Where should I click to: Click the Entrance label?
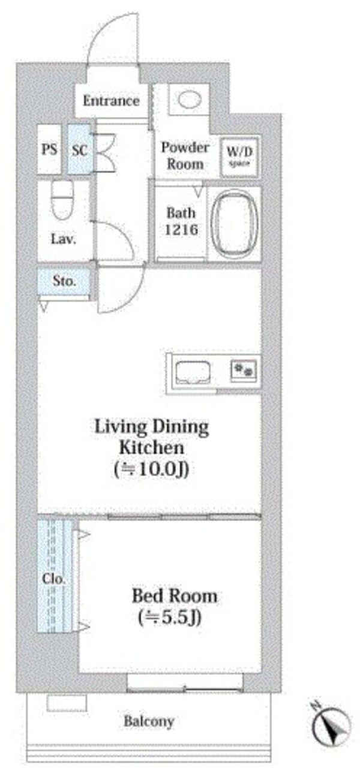[111, 101]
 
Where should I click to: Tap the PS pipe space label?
[50, 149]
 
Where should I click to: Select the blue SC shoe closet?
[79, 149]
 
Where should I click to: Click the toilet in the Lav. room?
[62, 200]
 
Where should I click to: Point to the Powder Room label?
[185, 156]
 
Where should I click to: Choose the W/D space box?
[239, 157]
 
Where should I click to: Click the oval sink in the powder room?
[189, 100]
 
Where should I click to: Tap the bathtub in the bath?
[235, 224]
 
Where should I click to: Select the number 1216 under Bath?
[181, 229]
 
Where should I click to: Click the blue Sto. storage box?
[64, 281]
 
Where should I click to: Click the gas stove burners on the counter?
[244, 370]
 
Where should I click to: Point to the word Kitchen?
[152, 447]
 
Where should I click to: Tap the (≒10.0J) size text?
[152, 469]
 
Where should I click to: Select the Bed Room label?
[175, 595]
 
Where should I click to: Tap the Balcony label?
[149, 721]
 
